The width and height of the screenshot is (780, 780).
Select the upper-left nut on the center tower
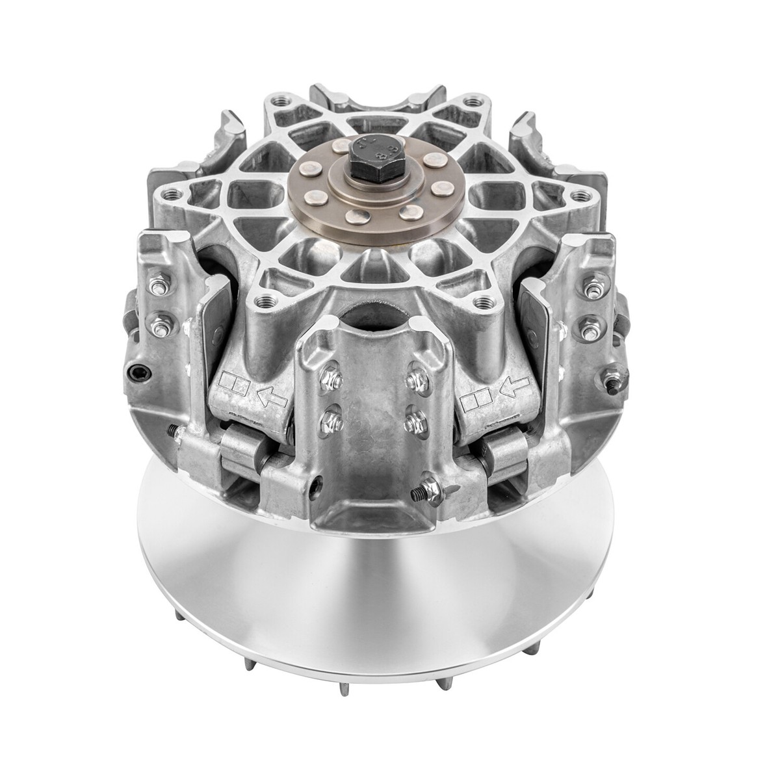[x=330, y=376]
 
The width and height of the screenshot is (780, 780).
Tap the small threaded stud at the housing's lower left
[x=171, y=432]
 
